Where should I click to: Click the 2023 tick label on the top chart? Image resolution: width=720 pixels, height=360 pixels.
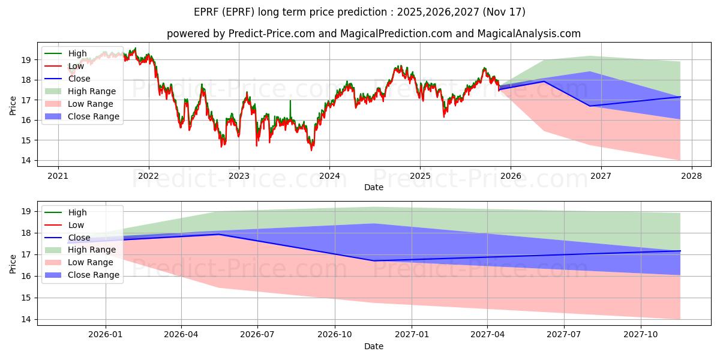239,176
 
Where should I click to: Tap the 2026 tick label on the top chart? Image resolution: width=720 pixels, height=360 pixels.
511,176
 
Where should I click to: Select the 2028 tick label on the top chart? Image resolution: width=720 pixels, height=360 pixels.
692,176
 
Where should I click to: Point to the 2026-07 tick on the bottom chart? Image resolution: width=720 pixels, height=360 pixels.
257,335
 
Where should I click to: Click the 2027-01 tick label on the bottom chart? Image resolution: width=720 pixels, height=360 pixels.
412,335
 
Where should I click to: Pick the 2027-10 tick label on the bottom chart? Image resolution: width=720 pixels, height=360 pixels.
641,335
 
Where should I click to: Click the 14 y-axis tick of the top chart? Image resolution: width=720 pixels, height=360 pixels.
26,160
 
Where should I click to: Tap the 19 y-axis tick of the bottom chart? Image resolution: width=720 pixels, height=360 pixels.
26,211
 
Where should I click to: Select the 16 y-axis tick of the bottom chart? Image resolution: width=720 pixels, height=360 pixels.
26,277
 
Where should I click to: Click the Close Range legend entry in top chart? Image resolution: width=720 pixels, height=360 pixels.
82,116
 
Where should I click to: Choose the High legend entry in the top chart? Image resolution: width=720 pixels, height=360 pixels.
65,53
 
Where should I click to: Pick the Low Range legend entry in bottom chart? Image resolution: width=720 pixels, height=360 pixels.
79,262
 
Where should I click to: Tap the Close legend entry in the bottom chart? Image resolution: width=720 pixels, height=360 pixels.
67,238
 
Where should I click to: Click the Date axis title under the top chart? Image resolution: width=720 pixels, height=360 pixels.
373,187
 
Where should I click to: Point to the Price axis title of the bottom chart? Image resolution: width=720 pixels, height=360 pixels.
13,264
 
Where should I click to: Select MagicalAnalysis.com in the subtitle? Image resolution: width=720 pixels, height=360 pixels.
529,34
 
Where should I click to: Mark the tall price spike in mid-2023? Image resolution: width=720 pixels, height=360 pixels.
290,109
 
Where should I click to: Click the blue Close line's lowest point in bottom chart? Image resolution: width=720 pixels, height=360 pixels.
373,260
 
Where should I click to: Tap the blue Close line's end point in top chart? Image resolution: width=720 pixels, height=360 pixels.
680,97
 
